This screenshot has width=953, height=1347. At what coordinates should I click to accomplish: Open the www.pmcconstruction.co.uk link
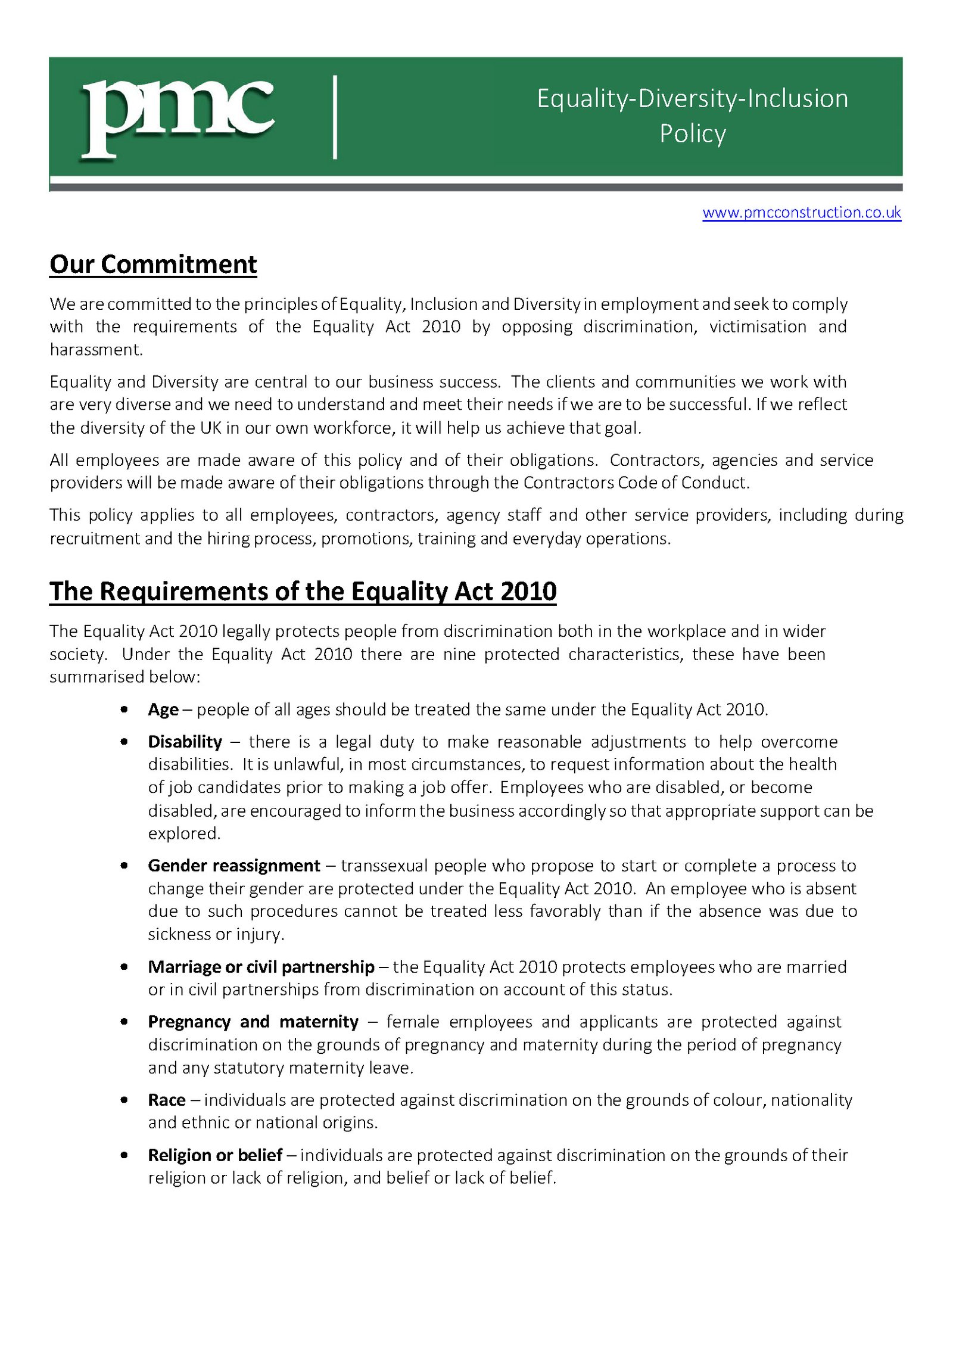801,213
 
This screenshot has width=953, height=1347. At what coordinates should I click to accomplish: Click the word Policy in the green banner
692,133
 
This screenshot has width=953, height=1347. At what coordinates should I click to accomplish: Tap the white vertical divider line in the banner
335,117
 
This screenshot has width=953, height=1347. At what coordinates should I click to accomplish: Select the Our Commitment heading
153,264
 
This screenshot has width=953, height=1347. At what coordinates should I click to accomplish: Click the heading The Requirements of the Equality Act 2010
303,591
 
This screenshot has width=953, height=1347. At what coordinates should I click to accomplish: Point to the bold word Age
163,710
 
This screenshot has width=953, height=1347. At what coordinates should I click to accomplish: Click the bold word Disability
185,742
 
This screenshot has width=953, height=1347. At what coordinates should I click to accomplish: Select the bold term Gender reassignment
233,866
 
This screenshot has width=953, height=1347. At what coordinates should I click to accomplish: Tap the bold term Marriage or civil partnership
261,966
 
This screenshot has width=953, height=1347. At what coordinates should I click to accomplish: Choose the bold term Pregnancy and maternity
253,1022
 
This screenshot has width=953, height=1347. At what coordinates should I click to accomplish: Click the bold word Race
166,1100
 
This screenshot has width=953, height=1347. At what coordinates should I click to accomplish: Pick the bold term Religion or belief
214,1155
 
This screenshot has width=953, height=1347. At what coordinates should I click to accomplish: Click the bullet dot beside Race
124,1100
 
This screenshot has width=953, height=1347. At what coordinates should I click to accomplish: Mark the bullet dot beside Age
124,710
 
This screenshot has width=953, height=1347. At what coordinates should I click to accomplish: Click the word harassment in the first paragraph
95,350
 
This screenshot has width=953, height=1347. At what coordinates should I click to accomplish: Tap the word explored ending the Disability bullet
183,833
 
